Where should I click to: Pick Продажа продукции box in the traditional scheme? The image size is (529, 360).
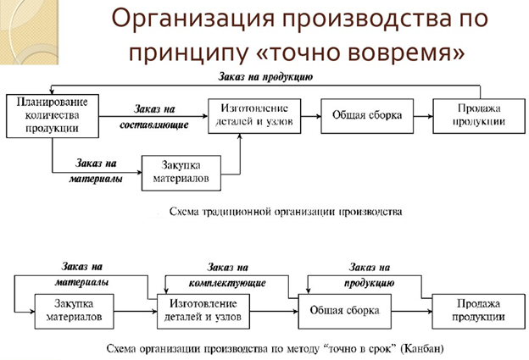[469, 115]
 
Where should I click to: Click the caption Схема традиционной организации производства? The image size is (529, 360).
[286, 211]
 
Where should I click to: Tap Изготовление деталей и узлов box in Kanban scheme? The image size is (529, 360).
[203, 311]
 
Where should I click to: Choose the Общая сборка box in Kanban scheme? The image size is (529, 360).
[344, 311]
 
